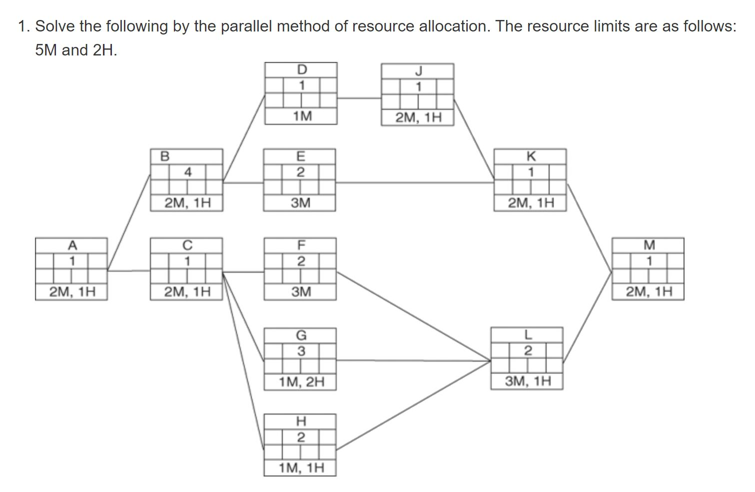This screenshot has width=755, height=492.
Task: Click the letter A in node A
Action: point(72,245)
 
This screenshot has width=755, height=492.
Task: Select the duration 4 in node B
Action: point(187,172)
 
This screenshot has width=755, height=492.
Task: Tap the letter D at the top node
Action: point(302,69)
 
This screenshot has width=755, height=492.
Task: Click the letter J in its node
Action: point(418,70)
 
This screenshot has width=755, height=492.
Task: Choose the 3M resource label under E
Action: point(300,203)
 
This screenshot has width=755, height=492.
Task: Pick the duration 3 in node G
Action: point(301,351)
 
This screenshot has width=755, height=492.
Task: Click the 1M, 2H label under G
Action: point(302,382)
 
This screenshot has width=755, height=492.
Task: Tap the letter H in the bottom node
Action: point(301,421)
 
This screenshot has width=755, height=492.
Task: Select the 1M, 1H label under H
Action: point(302,468)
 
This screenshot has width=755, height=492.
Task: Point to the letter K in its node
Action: point(531,156)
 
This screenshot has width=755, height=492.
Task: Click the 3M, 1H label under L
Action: point(528,382)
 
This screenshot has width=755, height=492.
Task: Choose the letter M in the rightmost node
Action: point(649,245)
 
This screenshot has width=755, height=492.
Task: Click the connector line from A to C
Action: point(129,271)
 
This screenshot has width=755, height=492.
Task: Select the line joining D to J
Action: point(359,98)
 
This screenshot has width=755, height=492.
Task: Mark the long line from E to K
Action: point(415,183)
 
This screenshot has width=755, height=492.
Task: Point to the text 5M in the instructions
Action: point(46,50)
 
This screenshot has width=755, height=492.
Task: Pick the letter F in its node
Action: point(301,245)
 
